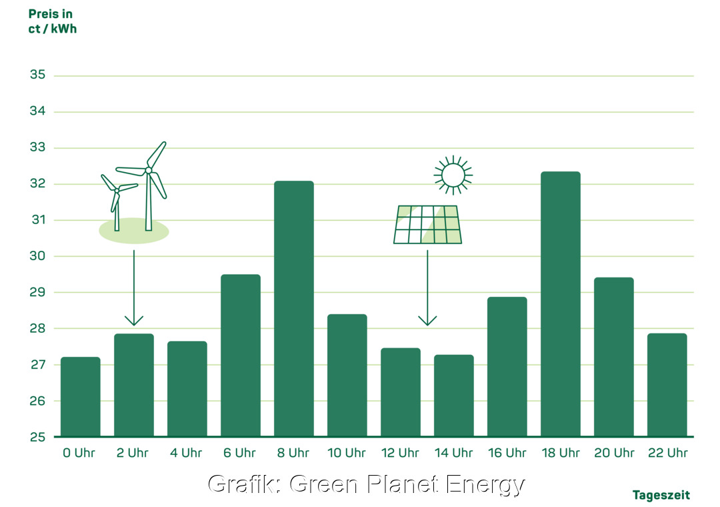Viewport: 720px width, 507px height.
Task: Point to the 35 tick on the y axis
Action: (37, 75)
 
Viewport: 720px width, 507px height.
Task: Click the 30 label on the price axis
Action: (37, 256)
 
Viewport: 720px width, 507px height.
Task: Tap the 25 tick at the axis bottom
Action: (37, 437)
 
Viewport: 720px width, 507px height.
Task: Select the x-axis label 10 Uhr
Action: (347, 453)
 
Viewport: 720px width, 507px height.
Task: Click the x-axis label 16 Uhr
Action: (507, 453)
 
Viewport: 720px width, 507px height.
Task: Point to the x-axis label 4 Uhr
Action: (187, 453)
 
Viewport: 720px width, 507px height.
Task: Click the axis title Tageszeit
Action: (661, 495)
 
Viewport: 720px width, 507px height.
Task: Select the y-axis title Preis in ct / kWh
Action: (52, 21)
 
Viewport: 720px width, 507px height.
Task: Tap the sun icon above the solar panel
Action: (453, 175)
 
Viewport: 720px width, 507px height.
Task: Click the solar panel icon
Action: (427, 225)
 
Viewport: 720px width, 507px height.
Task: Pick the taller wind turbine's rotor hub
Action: (149, 170)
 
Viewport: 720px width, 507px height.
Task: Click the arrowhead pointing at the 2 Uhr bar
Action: (134, 321)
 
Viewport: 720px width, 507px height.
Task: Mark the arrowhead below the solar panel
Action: (427, 321)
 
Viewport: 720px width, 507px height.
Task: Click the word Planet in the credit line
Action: (395, 484)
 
